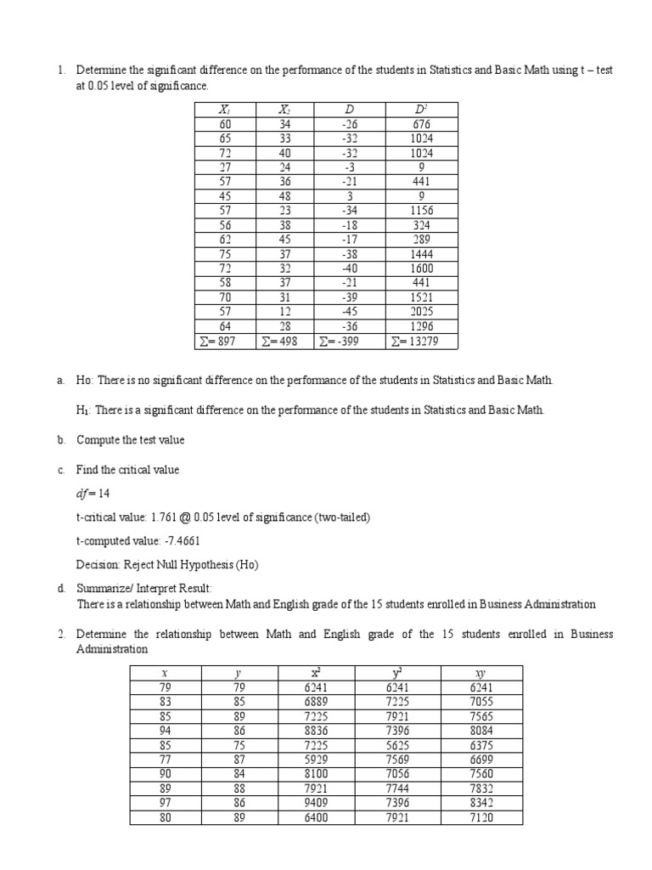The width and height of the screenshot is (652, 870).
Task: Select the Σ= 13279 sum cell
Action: [422, 342]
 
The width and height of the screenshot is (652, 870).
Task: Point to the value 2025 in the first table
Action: [422, 313]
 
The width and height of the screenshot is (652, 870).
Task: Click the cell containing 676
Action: [422, 124]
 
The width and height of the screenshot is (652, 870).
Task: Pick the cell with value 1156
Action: [422, 211]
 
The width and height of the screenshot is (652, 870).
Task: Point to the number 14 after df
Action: [104, 493]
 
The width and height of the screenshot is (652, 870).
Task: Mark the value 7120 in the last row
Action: [481, 818]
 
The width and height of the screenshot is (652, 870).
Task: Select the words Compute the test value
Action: [130, 440]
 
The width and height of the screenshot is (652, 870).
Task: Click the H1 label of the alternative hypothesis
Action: [82, 410]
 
